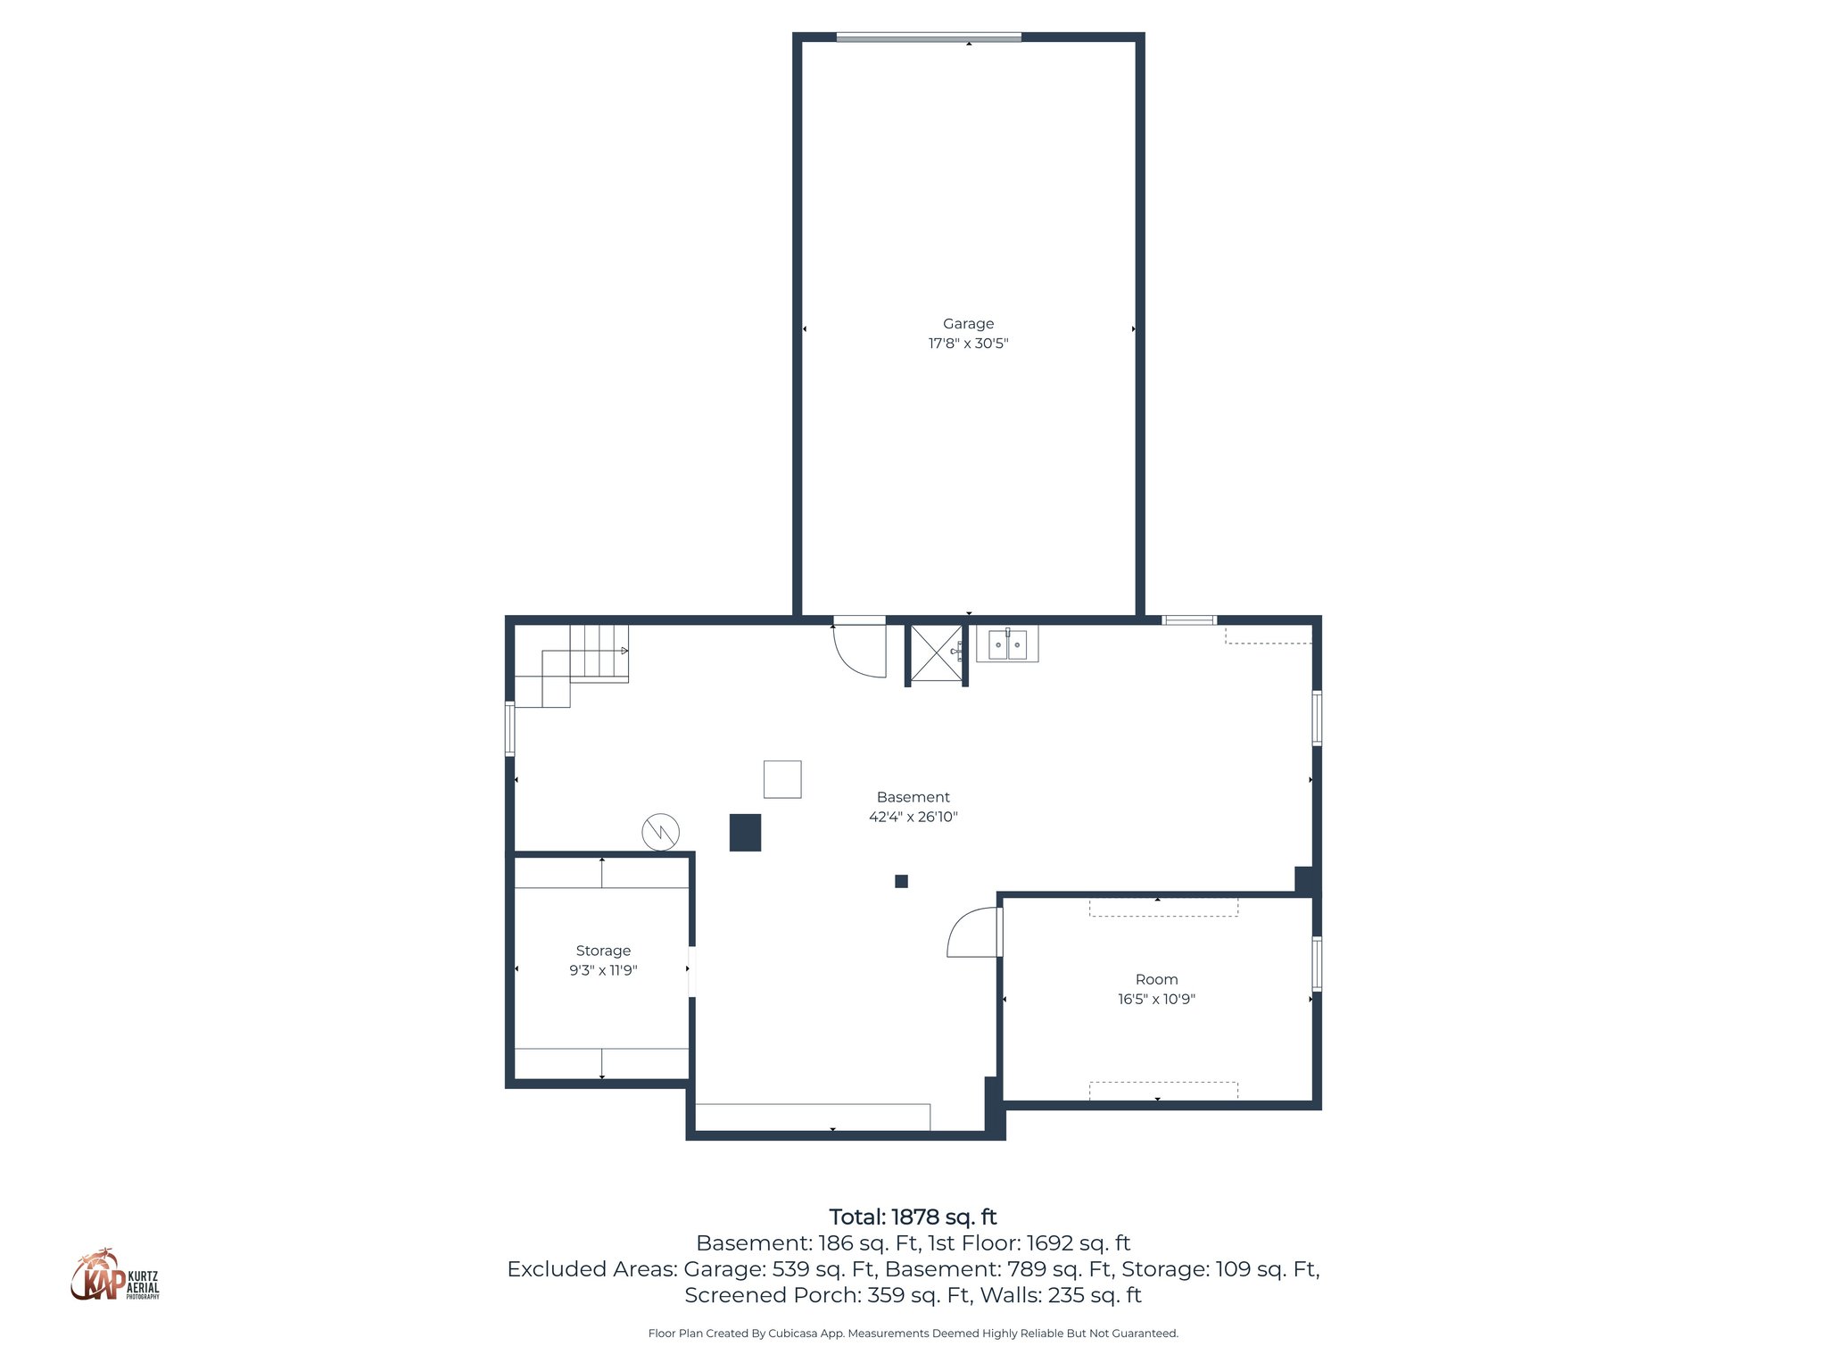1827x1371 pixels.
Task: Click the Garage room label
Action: [x=968, y=324]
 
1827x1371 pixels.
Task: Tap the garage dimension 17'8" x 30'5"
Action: [x=968, y=344]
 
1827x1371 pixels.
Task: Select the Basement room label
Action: [x=913, y=797]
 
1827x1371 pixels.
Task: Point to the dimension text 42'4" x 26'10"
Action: [x=913, y=817]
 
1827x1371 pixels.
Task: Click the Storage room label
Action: [x=603, y=951]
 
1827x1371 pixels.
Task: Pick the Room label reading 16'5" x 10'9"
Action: [x=1156, y=999]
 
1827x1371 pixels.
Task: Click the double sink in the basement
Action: [x=1007, y=644]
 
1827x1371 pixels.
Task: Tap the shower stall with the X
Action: [x=936, y=653]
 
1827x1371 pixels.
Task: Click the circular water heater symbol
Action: [x=660, y=832]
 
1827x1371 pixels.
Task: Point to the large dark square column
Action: [x=745, y=832]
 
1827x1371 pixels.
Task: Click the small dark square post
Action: [x=901, y=881]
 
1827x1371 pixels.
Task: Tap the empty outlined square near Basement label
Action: [x=782, y=779]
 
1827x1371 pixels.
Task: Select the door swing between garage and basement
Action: [x=858, y=650]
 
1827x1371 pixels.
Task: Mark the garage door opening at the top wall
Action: [x=928, y=37]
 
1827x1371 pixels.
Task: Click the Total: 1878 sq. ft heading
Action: [x=913, y=1217]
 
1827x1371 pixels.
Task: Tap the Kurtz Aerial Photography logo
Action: [x=115, y=1275]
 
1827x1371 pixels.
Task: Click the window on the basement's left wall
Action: [x=510, y=728]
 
